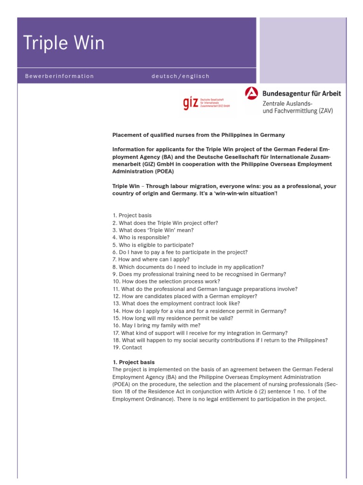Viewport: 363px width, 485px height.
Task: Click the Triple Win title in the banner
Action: coord(64,44)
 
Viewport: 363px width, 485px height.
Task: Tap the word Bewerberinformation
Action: coord(60,76)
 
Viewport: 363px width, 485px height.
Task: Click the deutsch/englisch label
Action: coord(180,76)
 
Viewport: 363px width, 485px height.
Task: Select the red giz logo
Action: coord(190,103)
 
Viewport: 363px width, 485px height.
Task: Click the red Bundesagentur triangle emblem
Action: coord(251,93)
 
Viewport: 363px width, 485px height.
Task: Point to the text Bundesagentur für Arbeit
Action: coord(301,94)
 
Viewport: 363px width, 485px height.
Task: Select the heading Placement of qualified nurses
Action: coord(199,135)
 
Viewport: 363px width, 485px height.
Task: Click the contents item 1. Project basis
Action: coord(132,216)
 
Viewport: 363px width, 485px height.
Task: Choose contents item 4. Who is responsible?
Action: coord(141,237)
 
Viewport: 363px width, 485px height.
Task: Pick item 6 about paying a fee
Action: coord(180,252)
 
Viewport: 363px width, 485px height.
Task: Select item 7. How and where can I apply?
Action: coord(151,260)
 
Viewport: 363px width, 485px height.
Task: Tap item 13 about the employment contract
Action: coord(176,303)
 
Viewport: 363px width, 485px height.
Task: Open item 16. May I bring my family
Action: coord(156,325)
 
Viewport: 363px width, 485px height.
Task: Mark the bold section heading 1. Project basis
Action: coord(133,362)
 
